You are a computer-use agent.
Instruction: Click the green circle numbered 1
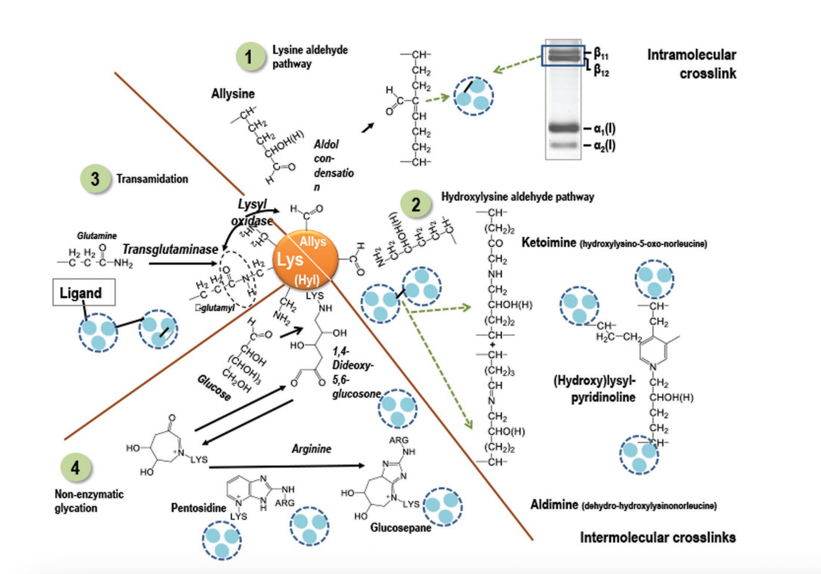[x=250, y=56]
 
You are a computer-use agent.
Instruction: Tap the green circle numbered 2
[x=416, y=204]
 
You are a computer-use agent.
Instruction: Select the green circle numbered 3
[x=95, y=179]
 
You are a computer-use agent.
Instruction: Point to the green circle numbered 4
[x=76, y=468]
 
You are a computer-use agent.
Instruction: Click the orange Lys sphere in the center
[x=305, y=260]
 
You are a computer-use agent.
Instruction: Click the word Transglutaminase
[x=170, y=250]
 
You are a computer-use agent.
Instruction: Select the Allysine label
[x=233, y=94]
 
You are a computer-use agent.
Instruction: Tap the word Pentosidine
[x=198, y=508]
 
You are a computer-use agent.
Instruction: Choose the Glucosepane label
[x=401, y=528]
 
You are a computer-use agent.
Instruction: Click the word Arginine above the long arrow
[x=311, y=449]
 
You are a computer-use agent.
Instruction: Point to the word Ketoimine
[x=548, y=243]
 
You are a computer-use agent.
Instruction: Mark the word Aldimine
[x=554, y=505]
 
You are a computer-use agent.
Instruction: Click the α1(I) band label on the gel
[x=604, y=128]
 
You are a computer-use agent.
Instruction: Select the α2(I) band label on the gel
[x=604, y=146]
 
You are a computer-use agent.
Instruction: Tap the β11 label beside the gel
[x=601, y=53]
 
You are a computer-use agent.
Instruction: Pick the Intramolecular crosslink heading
[x=691, y=64]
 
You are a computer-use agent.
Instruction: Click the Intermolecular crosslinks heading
[x=658, y=538]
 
